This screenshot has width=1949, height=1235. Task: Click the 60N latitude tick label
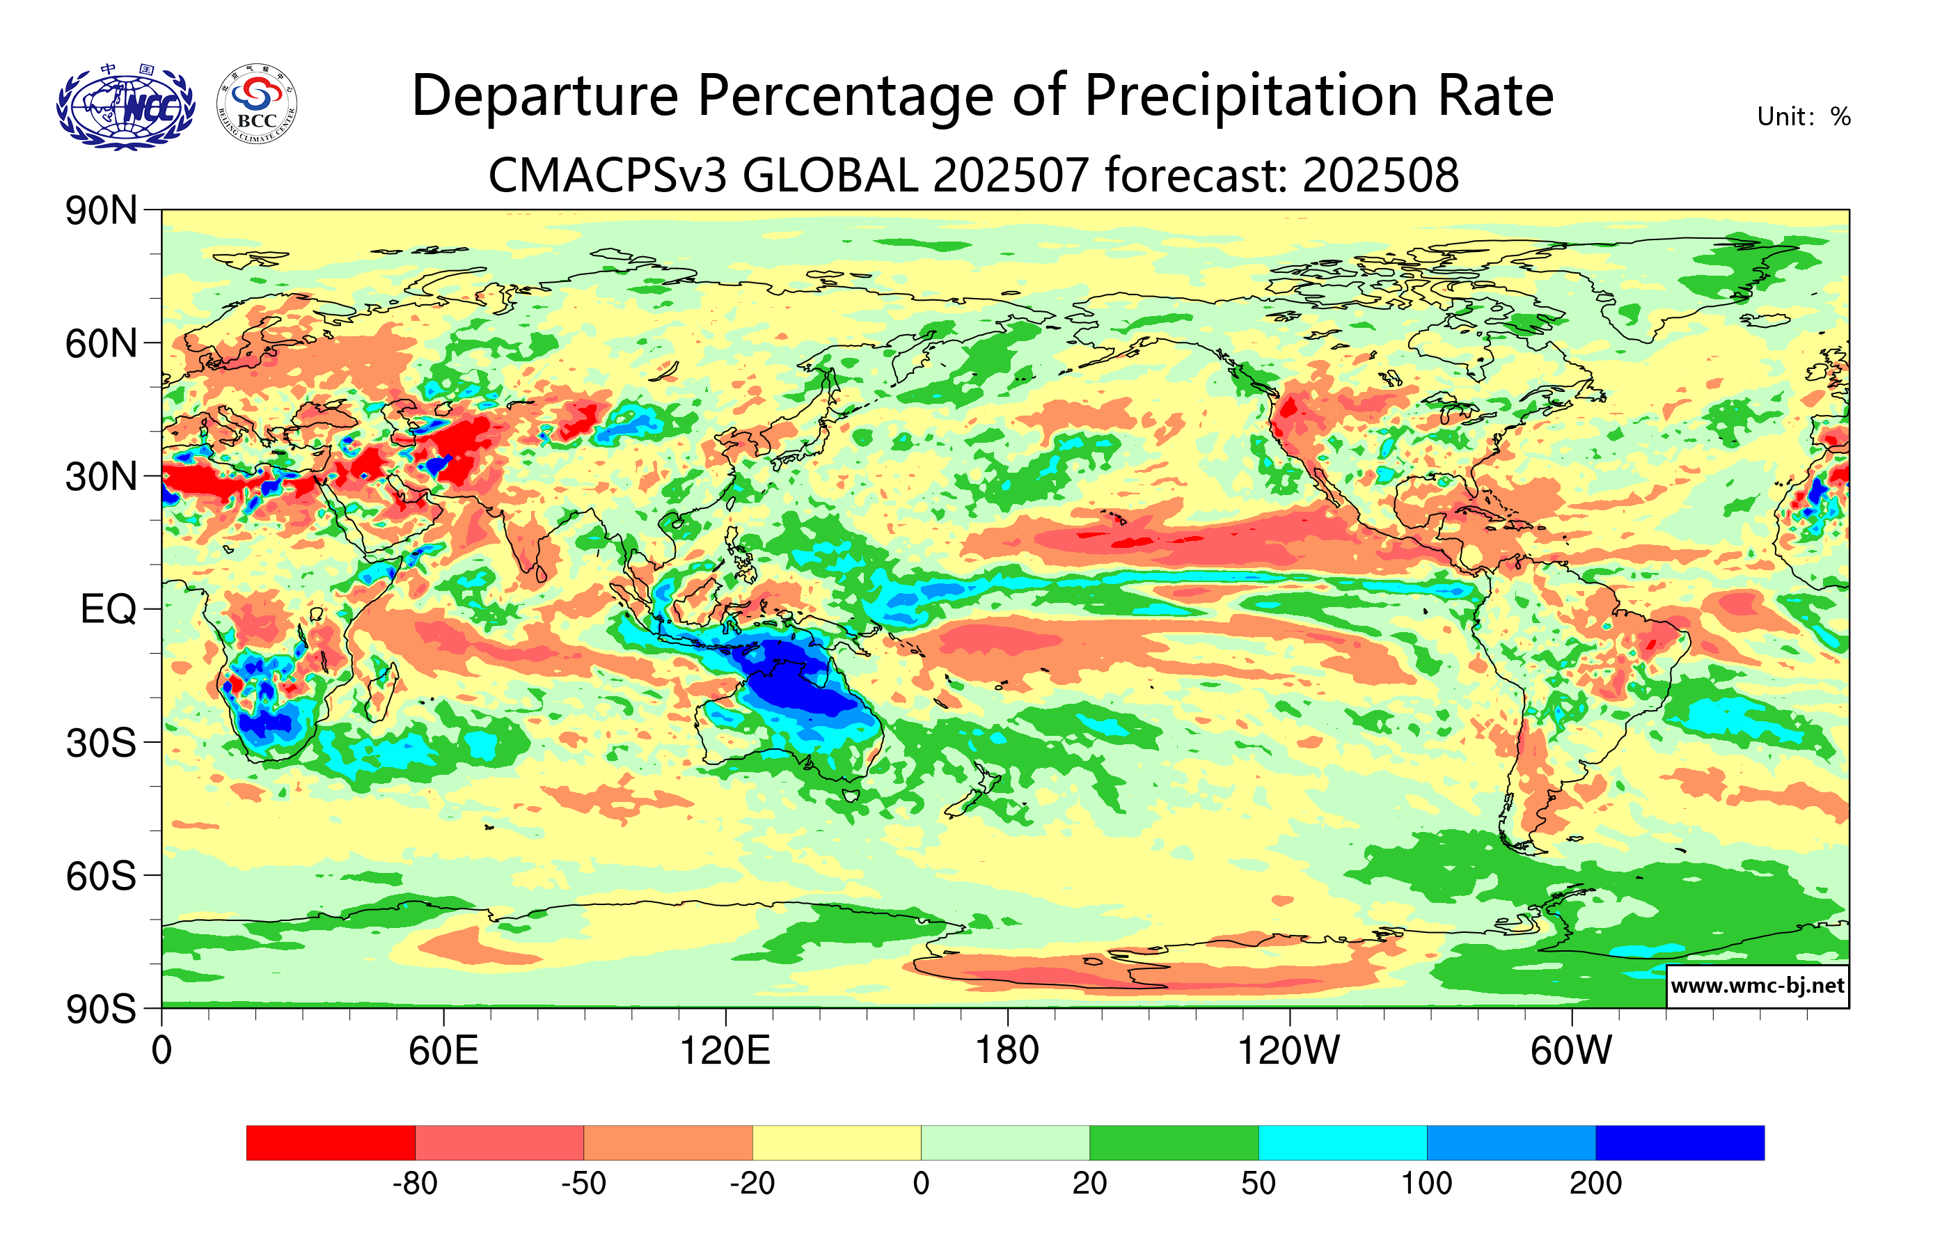[100, 344]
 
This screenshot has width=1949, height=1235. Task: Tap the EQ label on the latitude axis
[108, 609]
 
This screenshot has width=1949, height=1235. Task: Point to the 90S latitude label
[100, 1009]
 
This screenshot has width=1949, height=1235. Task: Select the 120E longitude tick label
[725, 1051]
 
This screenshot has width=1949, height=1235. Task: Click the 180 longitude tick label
[1007, 1051]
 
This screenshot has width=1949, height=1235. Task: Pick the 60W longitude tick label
[1571, 1051]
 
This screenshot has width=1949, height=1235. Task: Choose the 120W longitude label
[1288, 1051]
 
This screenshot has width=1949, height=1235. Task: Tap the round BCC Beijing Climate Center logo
[257, 104]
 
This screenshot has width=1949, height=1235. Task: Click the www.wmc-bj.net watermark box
[1757, 986]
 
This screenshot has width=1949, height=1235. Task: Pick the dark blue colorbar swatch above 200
[1680, 1142]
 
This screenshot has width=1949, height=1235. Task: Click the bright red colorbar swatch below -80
[330, 1142]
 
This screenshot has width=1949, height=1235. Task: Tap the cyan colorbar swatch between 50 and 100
[1342, 1142]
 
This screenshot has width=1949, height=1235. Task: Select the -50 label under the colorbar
[583, 1184]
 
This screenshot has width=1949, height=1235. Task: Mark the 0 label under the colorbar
[921, 1184]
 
